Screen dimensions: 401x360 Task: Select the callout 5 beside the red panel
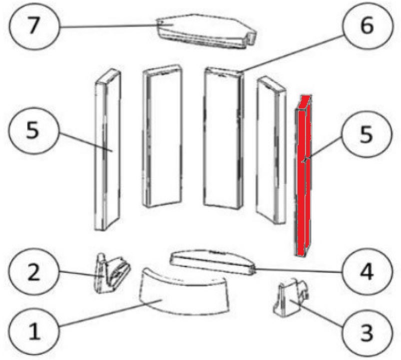pyautogui.click(x=366, y=134)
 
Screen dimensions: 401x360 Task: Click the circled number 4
pyautogui.click(x=366, y=272)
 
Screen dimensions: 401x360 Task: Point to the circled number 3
pyautogui.click(x=366, y=332)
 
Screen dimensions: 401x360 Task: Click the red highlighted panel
pyautogui.click(x=303, y=175)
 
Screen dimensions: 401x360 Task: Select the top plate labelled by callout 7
pyautogui.click(x=206, y=31)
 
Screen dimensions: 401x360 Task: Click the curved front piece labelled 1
pyautogui.click(x=183, y=290)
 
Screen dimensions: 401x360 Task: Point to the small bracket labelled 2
pyautogui.click(x=112, y=273)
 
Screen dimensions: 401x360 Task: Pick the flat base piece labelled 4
pyautogui.click(x=213, y=262)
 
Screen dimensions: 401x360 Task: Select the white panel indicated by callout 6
pyautogui.click(x=223, y=138)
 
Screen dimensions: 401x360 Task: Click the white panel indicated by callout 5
pyautogui.click(x=107, y=149)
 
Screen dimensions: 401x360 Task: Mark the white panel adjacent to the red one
pyautogui.click(x=271, y=150)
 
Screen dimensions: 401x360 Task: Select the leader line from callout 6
pyautogui.click(x=292, y=54)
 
